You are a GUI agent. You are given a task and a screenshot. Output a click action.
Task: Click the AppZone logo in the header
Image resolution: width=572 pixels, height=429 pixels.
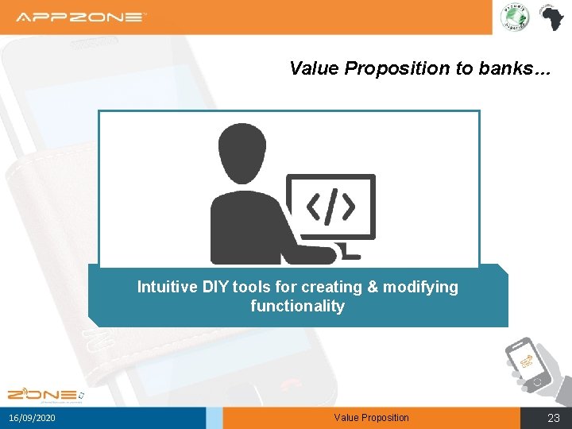(81, 17)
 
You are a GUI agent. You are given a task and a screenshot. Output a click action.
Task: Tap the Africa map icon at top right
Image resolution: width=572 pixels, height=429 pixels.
(550, 17)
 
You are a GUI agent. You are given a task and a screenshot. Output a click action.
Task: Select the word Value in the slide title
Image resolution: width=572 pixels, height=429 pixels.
(315, 69)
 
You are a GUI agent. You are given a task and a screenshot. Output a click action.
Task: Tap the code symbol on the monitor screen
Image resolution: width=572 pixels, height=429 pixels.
(330, 207)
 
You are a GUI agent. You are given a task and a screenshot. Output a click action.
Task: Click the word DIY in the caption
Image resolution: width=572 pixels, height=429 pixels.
(214, 287)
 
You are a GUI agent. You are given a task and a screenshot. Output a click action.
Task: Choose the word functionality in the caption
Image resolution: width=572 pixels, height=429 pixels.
(297, 307)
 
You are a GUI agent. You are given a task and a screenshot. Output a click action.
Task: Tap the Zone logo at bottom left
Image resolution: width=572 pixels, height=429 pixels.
(44, 394)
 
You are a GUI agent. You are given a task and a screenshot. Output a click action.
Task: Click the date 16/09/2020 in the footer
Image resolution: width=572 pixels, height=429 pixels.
(33, 418)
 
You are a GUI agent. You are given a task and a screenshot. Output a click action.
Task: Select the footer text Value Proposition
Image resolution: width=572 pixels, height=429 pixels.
(371, 418)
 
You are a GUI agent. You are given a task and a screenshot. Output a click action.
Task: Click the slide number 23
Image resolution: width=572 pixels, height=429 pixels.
(553, 418)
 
